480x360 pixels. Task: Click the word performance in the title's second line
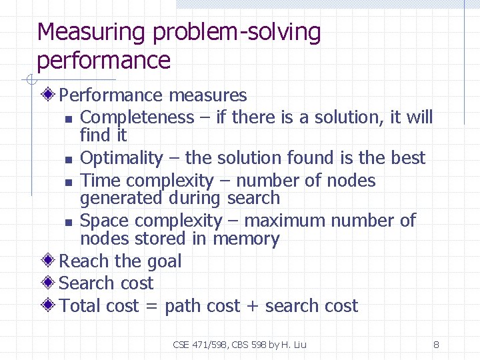click(x=104, y=61)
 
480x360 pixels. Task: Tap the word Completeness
click(x=137, y=117)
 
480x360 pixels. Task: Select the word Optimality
click(x=121, y=158)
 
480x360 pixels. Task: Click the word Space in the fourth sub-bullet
click(x=104, y=221)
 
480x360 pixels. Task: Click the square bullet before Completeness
click(x=69, y=119)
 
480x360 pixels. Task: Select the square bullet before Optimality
click(x=69, y=160)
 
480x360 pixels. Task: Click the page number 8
click(x=436, y=345)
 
